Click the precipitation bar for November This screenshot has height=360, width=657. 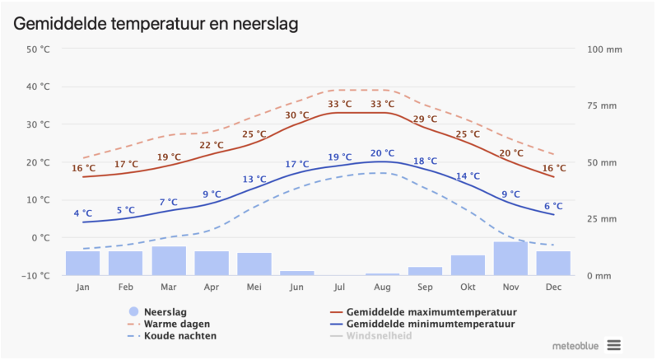pyautogui.click(x=510, y=259)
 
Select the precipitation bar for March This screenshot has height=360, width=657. pyautogui.click(x=168, y=261)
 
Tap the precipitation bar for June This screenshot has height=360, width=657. pyautogui.click(x=296, y=273)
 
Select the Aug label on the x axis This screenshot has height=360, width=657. pyautogui.click(x=382, y=287)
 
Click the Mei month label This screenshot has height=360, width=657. pyautogui.click(x=254, y=287)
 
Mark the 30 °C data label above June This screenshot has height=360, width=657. pyautogui.click(x=297, y=115)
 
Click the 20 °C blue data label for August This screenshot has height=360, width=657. pyautogui.click(x=382, y=153)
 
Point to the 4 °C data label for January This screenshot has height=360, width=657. pyautogui.click(x=82, y=213)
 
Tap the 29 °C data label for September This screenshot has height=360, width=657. pyautogui.click(x=425, y=119)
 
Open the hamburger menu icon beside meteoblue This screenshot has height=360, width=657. pyautogui.click(x=613, y=344)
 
